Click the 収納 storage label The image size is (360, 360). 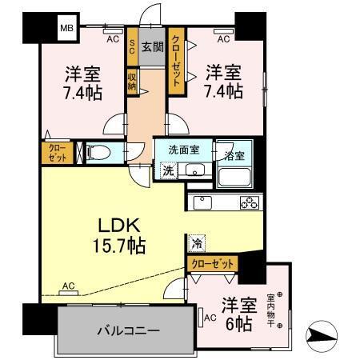(131, 82)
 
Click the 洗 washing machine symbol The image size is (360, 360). (168, 170)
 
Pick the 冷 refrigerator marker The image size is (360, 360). (197, 240)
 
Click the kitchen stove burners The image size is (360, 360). (249, 202)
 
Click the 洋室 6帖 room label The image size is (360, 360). (239, 313)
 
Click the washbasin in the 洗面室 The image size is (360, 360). (194, 170)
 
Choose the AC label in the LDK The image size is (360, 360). (69, 286)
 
